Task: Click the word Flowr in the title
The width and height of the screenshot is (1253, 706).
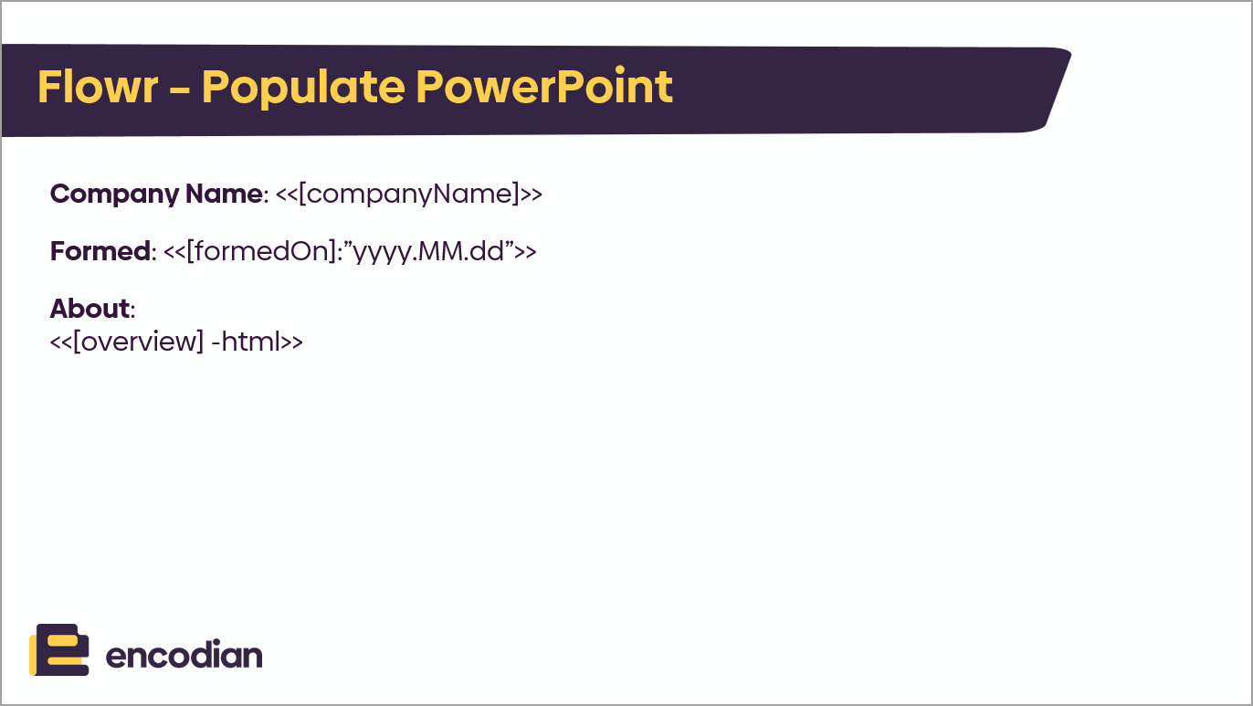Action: (x=98, y=87)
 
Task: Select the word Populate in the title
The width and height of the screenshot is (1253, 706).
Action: (x=303, y=89)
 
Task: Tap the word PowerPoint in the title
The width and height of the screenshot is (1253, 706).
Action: (x=543, y=87)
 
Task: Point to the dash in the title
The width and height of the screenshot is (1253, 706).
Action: (x=180, y=90)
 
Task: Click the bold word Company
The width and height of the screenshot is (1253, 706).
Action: (x=115, y=195)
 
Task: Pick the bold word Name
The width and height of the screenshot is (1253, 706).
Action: (x=224, y=194)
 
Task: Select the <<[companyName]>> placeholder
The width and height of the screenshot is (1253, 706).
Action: (x=409, y=195)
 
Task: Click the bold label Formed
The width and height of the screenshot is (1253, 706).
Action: (x=100, y=250)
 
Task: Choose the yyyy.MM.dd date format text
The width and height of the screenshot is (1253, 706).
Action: (x=428, y=252)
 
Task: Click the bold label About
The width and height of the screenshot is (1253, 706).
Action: (x=90, y=308)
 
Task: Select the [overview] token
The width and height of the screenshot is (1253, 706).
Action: (x=138, y=342)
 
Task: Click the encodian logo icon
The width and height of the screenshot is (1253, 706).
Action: (x=59, y=649)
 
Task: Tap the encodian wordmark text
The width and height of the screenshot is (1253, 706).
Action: (x=184, y=655)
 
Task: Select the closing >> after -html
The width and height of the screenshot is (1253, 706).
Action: (x=291, y=342)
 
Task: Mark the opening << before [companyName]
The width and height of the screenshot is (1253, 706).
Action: (x=287, y=195)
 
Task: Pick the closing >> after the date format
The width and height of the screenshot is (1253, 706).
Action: (x=525, y=252)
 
